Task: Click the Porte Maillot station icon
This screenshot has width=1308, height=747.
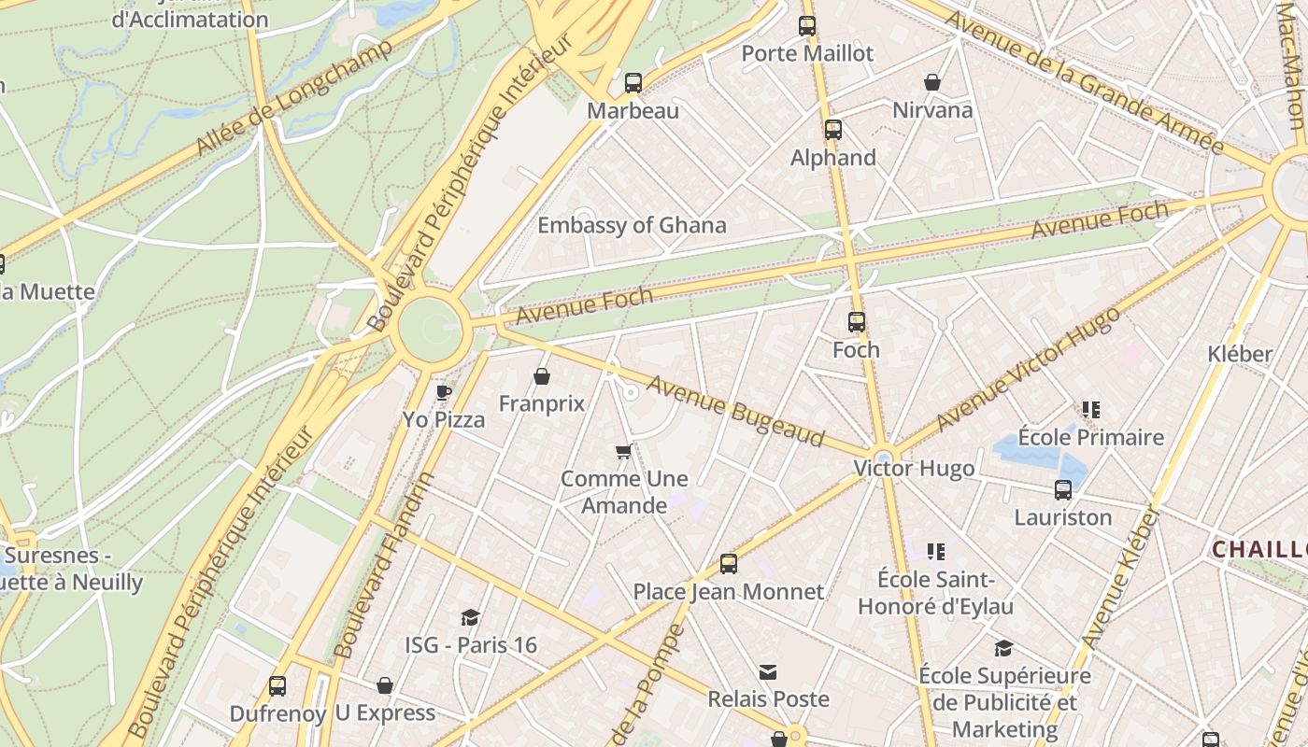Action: point(807,26)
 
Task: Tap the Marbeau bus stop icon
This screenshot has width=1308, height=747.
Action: point(633,83)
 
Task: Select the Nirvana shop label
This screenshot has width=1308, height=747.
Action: point(932,110)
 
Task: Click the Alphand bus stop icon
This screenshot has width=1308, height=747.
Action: point(833,130)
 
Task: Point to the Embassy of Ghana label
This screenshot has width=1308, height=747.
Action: point(632,225)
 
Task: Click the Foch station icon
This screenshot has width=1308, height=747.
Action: point(857,322)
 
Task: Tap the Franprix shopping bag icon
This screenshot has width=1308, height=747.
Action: point(542,376)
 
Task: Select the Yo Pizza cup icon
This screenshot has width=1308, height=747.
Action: point(444,392)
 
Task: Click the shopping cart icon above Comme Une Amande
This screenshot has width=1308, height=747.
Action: point(624,452)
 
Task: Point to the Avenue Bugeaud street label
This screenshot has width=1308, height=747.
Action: point(736,411)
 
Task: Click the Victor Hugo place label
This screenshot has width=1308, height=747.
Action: point(914,469)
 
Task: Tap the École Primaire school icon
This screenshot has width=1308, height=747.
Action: point(1091,409)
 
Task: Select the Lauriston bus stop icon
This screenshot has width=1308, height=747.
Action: point(1063,490)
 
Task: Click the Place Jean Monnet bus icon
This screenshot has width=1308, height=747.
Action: point(729,564)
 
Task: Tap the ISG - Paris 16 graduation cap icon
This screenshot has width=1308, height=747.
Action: point(471,617)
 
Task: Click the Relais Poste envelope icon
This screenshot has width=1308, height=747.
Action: point(768,672)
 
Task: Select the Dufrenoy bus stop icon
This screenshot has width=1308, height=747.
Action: point(277,686)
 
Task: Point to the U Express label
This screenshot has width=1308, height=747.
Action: point(385,713)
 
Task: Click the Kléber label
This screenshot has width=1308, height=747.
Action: point(1240,354)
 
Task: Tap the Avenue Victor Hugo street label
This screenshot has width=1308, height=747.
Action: point(1028,369)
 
